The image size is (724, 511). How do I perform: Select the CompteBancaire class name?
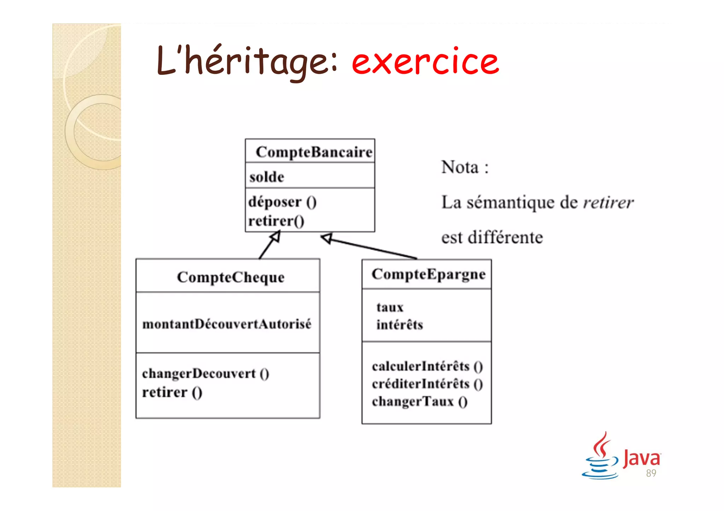coord(314,152)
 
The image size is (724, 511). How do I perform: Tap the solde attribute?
coord(267,177)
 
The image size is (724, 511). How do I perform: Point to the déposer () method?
coord(282,202)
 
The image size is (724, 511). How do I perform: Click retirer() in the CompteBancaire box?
coord(276,221)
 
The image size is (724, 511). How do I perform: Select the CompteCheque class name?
coord(230,277)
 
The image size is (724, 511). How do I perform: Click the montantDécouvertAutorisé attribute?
coord(227,324)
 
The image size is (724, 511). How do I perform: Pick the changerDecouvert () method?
coord(205,374)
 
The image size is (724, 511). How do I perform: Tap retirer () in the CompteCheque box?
coord(172,392)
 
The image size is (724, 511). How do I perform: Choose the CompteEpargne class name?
coord(428,274)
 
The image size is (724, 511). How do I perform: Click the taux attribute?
coord(390,307)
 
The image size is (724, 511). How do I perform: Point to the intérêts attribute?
coord(399,325)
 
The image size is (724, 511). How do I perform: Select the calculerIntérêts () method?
coord(427,367)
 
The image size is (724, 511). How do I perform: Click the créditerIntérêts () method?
coord(427,384)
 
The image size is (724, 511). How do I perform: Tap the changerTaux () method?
coord(420,402)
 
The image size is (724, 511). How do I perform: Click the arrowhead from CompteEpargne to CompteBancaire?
coord(327,238)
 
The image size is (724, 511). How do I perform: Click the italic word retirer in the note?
coord(608,203)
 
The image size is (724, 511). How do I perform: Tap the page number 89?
coord(651,473)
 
